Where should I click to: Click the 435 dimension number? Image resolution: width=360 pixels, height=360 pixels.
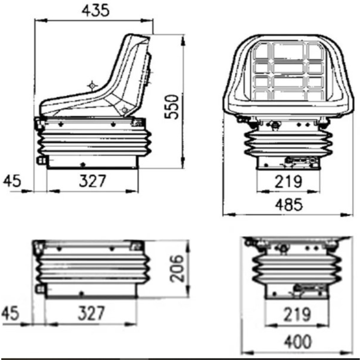(96, 11)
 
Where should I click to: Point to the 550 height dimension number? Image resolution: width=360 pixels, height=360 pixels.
(172, 107)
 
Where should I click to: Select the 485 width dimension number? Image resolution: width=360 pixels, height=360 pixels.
(289, 205)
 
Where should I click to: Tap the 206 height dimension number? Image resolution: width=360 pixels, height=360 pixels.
(177, 268)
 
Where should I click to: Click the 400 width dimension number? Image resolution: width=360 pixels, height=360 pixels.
(298, 342)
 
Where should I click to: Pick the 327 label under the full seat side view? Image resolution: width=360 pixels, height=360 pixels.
(93, 181)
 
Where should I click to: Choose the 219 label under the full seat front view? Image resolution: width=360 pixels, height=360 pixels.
(288, 182)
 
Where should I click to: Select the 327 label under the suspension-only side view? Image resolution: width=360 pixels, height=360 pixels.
(91, 313)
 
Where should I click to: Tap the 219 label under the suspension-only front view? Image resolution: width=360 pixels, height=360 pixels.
(297, 315)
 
